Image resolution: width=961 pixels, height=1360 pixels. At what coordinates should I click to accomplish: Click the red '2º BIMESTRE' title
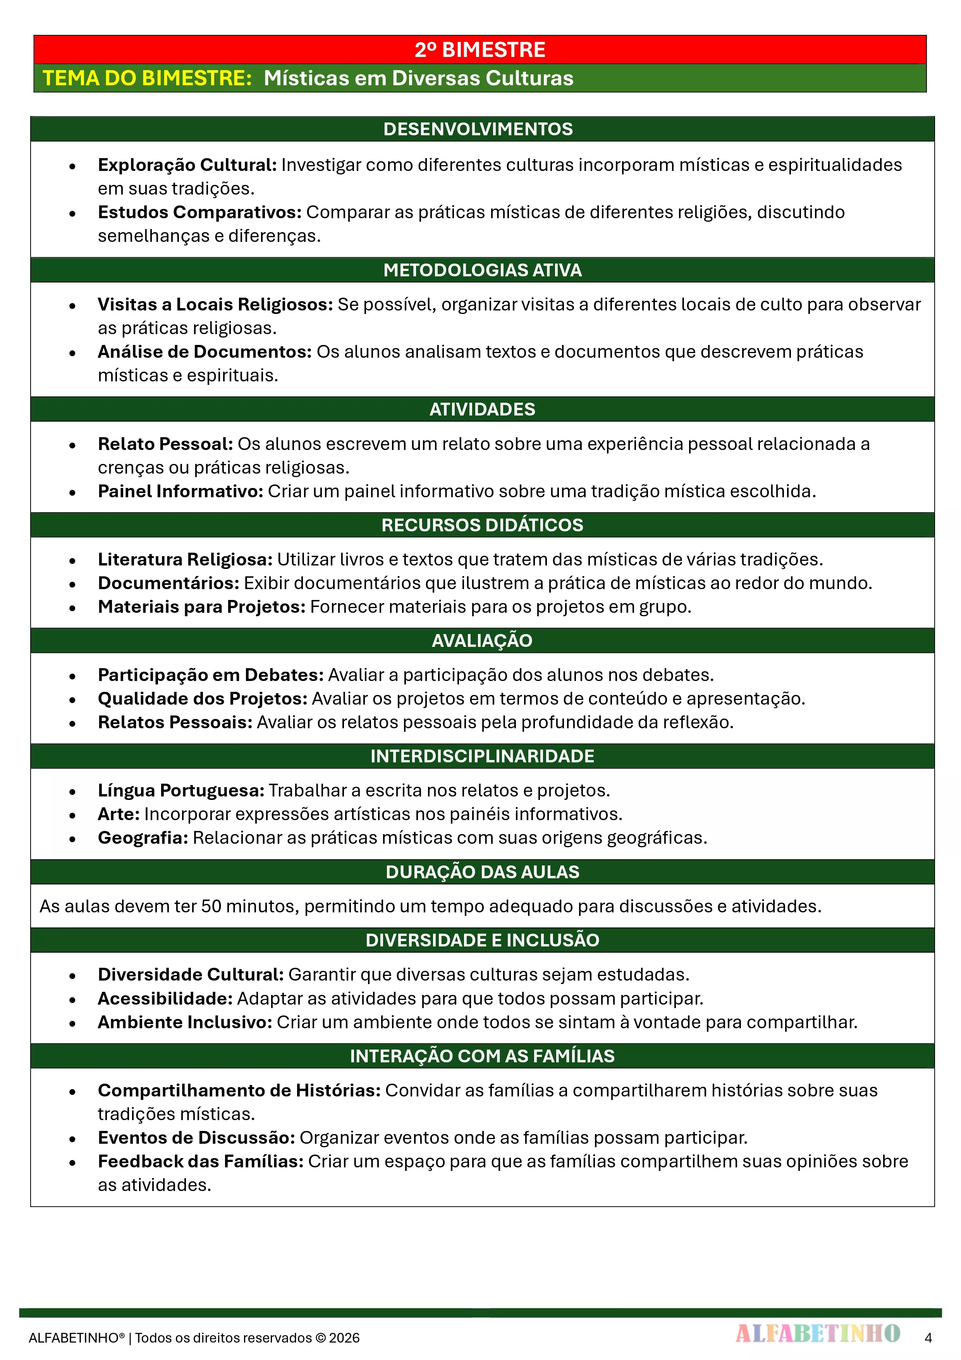[x=480, y=50]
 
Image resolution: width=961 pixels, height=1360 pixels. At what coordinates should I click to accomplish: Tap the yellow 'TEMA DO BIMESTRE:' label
[x=148, y=78]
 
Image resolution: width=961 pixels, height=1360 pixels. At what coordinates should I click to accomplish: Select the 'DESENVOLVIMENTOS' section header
[x=478, y=129]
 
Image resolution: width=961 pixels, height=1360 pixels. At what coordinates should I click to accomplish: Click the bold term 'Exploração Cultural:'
[x=187, y=165]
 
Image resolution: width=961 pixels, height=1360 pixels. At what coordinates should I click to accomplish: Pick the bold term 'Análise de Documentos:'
[x=204, y=352]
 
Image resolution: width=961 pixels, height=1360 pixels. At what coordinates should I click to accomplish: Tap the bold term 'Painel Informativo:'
[x=180, y=491]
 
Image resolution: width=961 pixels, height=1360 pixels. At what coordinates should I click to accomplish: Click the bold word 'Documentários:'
[x=168, y=583]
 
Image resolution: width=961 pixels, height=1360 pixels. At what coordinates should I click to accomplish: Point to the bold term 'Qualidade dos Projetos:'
[x=203, y=698]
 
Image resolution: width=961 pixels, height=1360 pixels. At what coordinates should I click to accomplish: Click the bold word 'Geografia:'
[x=143, y=838]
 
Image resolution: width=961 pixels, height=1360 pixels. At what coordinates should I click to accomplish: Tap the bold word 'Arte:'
[x=119, y=814]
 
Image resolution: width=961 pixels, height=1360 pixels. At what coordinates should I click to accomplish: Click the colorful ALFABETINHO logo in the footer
[x=818, y=1333]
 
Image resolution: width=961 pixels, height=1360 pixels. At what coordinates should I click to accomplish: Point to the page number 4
[x=928, y=1338]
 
